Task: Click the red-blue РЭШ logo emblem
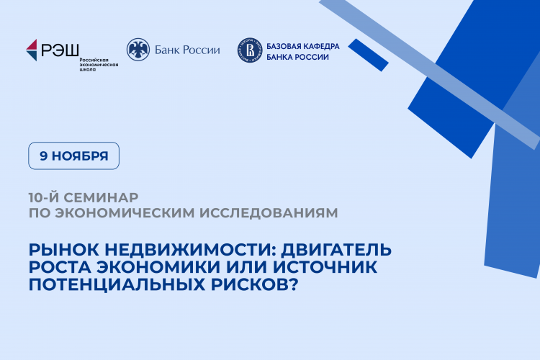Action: click(32, 50)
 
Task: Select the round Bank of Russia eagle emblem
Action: click(138, 49)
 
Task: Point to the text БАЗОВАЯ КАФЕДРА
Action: click(302, 45)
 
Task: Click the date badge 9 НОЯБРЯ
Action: click(73, 156)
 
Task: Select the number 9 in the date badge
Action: click(44, 156)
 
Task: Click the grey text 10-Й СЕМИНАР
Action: click(83, 197)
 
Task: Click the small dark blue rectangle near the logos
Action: click(369, 55)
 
